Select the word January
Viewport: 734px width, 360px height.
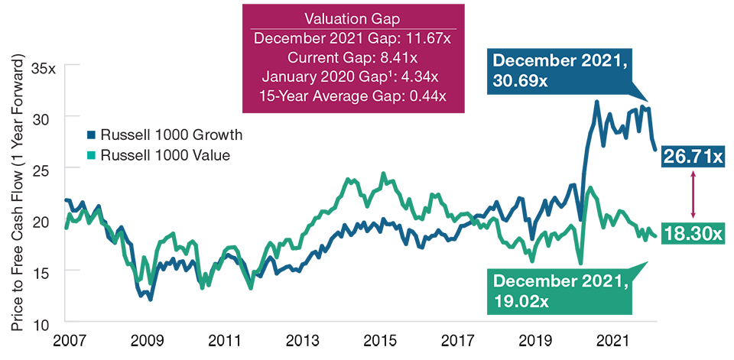[x=287, y=77]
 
